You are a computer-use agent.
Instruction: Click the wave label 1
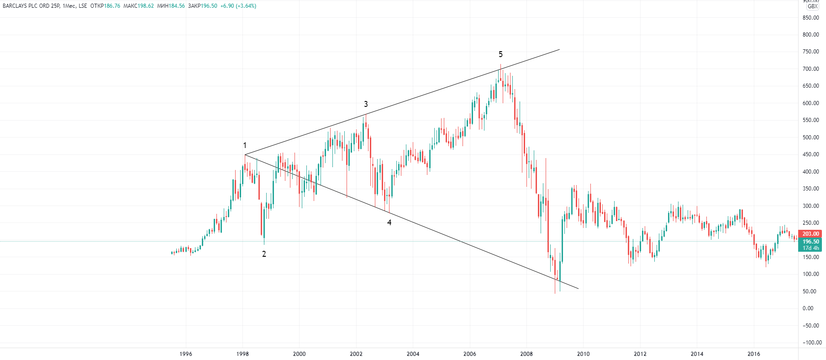point(245,145)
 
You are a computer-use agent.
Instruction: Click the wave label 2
point(264,254)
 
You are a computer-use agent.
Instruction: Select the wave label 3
point(366,104)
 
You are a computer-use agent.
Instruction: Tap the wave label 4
point(389,222)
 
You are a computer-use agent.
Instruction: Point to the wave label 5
point(500,54)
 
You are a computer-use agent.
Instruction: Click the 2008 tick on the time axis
point(526,354)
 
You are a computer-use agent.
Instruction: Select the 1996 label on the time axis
point(186,354)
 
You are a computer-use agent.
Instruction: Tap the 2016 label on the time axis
point(753,354)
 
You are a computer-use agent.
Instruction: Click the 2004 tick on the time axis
point(413,354)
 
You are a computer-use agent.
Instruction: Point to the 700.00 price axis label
point(811,69)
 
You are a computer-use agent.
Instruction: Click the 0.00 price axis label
point(808,308)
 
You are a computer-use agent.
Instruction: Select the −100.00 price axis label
point(812,343)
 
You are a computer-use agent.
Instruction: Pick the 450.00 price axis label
point(811,154)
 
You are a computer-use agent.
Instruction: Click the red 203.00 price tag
point(811,234)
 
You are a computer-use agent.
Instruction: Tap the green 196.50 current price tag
point(811,242)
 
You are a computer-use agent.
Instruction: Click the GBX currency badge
point(813,6)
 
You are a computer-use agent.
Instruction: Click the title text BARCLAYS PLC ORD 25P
point(32,6)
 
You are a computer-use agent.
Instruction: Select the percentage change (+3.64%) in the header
point(246,6)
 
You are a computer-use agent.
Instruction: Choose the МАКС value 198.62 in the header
point(146,6)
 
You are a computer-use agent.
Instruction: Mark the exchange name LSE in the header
point(83,6)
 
